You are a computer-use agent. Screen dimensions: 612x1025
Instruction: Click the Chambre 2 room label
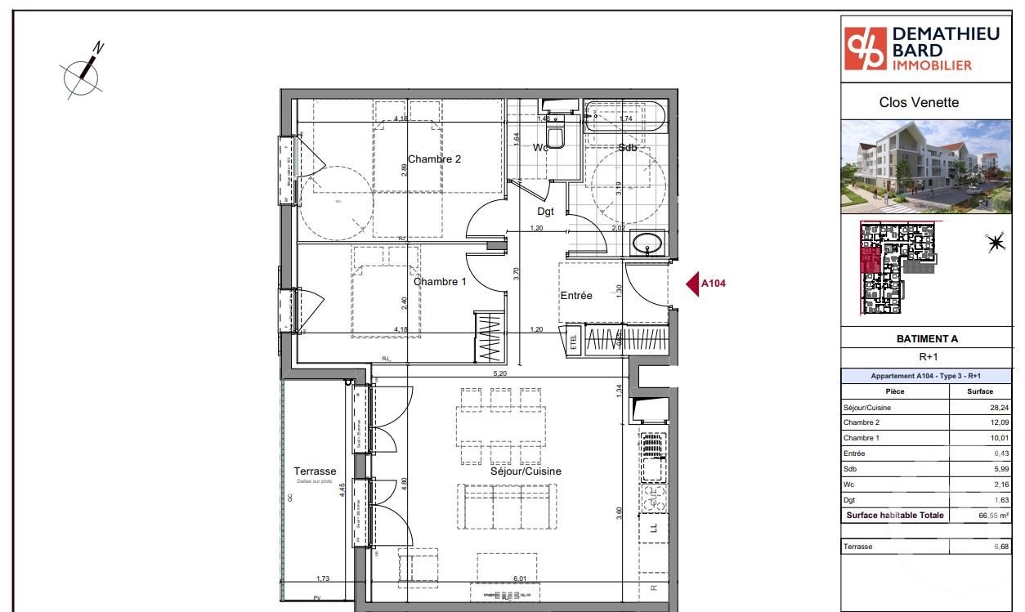tap(434, 159)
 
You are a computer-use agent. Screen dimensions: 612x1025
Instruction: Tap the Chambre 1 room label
tap(440, 282)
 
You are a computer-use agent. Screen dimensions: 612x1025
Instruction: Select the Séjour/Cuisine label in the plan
tap(526, 471)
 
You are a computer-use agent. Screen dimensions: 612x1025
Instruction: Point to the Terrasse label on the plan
tap(315, 471)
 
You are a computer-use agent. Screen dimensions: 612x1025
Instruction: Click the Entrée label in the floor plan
tap(575, 295)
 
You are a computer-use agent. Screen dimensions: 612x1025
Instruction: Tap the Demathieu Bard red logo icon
tap(866, 49)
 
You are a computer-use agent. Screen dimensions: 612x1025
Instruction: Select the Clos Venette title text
tap(919, 103)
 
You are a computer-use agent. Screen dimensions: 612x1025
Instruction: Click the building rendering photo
tap(927, 167)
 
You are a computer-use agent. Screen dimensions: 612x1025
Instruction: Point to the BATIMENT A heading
tap(927, 339)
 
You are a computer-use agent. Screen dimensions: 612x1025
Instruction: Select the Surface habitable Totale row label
tap(894, 516)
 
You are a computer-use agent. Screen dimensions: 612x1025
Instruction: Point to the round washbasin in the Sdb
tap(650, 243)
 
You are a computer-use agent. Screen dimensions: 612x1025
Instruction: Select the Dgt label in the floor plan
tap(545, 211)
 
